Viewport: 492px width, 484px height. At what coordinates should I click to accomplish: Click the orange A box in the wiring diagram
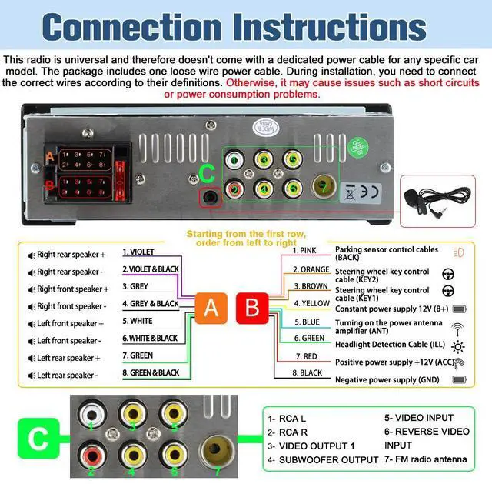point(211,309)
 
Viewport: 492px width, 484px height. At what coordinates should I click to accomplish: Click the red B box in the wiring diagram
point(251,309)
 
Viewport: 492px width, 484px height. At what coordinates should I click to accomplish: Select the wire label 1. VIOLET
point(138,252)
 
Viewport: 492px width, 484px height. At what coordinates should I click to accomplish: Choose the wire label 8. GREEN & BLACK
point(151,373)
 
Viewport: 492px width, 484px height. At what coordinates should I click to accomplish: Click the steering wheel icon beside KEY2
point(448,272)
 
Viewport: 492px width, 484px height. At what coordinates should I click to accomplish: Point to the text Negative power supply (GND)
point(386,379)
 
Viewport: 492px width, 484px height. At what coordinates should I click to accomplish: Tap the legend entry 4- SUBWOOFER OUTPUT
point(323,460)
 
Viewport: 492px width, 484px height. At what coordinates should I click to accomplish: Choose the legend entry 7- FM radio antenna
point(425,460)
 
